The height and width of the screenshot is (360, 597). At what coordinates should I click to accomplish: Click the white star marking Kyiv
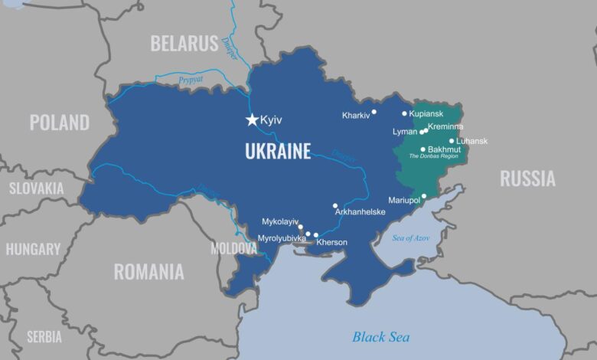[251, 119]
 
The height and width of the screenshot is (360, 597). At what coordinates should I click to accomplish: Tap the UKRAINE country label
[278, 151]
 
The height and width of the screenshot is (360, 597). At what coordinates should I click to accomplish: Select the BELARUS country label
[184, 44]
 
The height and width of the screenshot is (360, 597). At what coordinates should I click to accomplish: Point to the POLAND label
[59, 122]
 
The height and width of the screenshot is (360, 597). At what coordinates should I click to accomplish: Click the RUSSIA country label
[527, 178]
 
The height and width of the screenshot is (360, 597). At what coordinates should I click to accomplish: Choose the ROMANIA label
[148, 271]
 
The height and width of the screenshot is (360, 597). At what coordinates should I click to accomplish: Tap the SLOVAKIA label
[36, 188]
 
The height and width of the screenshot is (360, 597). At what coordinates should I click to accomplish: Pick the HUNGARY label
[33, 249]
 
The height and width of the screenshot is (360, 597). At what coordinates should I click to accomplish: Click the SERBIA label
[44, 336]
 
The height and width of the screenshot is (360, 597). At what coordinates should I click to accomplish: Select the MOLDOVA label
[234, 249]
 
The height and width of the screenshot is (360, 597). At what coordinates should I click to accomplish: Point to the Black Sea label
[380, 337]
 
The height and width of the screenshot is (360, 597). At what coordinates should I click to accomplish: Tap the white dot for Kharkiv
[374, 112]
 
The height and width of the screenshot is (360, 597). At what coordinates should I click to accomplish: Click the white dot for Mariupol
[424, 196]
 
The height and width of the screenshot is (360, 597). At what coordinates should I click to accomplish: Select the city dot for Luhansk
[452, 141]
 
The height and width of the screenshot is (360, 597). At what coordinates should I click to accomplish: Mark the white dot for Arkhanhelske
[335, 205]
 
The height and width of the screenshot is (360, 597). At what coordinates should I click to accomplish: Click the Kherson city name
[331, 242]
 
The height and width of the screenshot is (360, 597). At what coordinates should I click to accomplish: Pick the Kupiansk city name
[426, 113]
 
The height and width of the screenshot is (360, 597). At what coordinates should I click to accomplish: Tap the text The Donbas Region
[433, 156]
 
